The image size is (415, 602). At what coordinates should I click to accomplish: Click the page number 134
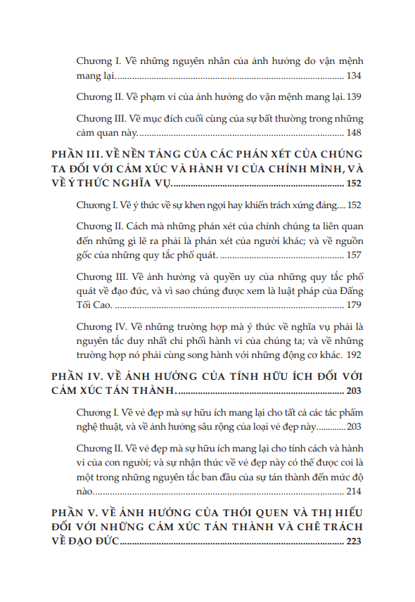(354, 75)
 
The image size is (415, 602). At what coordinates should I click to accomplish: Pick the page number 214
(354, 492)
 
